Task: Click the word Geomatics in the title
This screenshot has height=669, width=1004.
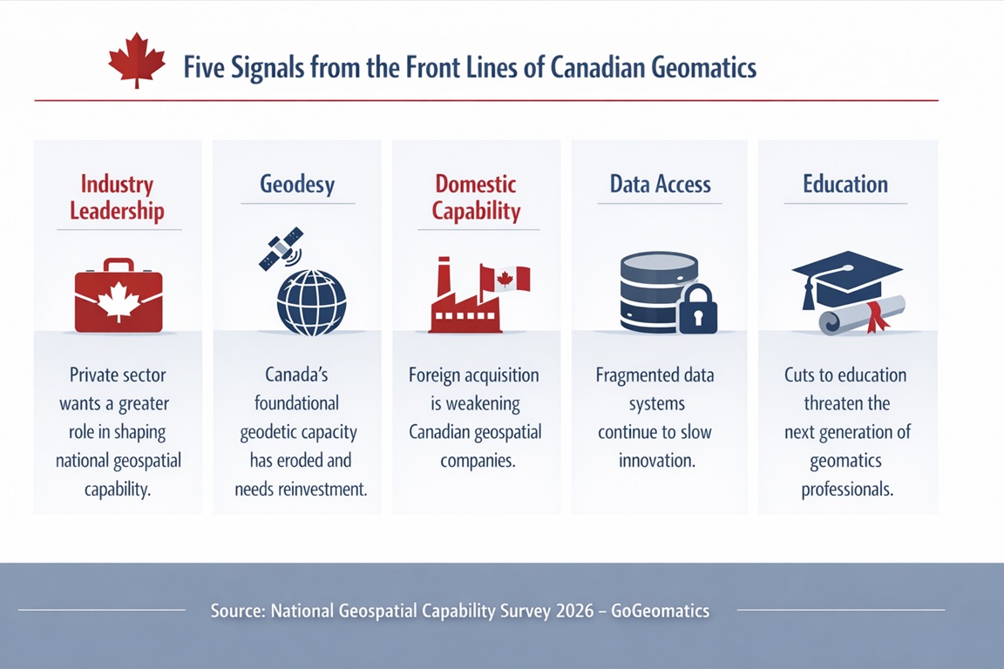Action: (x=702, y=68)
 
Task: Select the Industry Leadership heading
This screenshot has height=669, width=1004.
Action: (x=117, y=197)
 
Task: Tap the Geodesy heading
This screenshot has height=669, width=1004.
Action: (x=297, y=184)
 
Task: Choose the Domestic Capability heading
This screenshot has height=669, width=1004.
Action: (x=476, y=197)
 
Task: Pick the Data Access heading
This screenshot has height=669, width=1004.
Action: (x=660, y=184)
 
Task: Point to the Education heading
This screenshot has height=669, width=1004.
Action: (x=845, y=184)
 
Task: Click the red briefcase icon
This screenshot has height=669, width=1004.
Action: (x=119, y=297)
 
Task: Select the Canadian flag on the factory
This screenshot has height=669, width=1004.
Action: (x=505, y=279)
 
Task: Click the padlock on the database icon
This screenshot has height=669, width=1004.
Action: (x=697, y=309)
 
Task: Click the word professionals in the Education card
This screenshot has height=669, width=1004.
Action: (x=847, y=490)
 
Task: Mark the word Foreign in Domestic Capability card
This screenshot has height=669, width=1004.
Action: (x=437, y=375)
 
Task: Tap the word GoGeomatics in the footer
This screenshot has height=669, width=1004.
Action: (x=660, y=611)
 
